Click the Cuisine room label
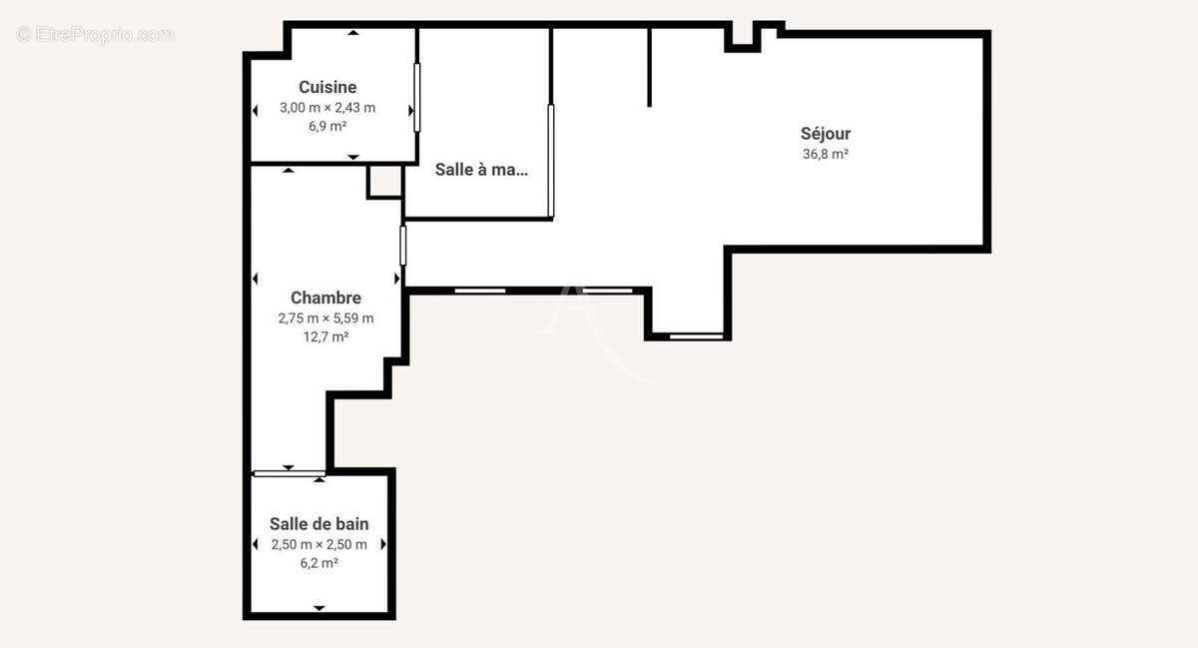pos(327,88)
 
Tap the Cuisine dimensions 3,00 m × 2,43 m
pos(327,108)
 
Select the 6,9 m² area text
pos(327,126)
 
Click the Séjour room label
pos(826,134)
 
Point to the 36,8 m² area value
pos(826,154)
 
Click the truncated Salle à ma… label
pos(481,170)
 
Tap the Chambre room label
pos(325,298)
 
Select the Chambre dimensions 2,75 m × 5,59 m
pos(325,319)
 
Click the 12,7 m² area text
pos(325,336)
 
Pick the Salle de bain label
pos(319,524)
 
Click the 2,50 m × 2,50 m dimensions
pos(319,545)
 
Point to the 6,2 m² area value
pos(319,563)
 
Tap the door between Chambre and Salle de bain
pos(289,472)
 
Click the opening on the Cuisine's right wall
pos(417,97)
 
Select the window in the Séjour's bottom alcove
pos(696,336)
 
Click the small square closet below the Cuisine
pos(384,182)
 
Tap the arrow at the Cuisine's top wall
pos(352,32)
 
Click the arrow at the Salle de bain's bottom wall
pos(319,607)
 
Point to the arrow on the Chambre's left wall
pos(256,279)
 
